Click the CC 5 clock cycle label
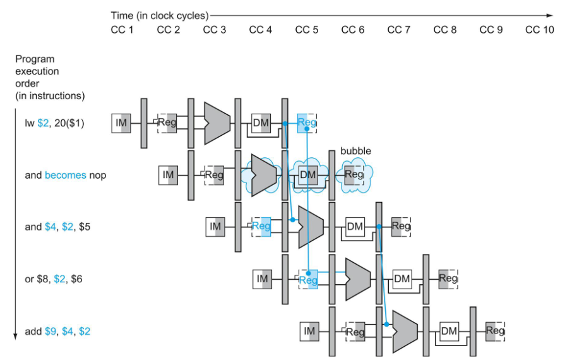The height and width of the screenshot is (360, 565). point(307,30)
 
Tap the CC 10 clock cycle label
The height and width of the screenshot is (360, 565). point(539,30)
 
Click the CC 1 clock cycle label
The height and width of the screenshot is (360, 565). point(122,30)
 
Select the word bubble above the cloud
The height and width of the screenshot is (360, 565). point(355,150)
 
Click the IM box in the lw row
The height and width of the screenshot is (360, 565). point(121,123)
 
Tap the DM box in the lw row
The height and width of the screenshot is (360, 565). point(261,123)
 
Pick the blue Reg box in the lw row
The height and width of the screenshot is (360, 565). point(307,123)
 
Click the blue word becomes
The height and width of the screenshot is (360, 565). point(66,175)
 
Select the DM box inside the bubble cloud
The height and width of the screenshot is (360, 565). point(308,175)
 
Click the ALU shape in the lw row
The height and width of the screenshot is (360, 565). point(217,123)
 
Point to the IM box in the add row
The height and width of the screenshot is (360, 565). point(309,332)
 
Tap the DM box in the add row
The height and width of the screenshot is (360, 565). point(449,332)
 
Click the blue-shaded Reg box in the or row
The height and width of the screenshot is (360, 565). point(309,279)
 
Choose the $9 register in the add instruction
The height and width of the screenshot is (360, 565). point(51,332)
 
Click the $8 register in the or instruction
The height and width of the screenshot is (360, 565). point(43,279)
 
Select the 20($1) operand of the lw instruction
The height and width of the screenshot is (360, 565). point(69,123)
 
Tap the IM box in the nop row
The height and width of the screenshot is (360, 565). point(169,175)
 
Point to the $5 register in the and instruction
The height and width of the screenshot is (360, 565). point(85,227)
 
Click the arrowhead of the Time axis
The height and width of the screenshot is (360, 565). point(549,16)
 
